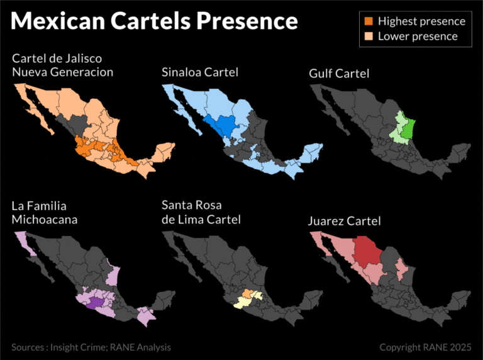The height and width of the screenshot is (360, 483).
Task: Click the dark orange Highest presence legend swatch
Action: coord(368,21)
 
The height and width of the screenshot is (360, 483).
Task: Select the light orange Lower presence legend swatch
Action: coord(368,36)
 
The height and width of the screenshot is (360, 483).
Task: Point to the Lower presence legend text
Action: coord(418,36)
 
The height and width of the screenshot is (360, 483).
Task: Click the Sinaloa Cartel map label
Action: coord(199,72)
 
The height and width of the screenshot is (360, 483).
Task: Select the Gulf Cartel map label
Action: coord(339,74)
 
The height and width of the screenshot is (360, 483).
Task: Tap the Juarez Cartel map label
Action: coord(344,221)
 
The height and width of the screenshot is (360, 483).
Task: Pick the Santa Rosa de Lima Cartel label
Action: coord(201,213)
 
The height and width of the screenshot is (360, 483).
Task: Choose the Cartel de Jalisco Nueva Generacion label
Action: coord(62,65)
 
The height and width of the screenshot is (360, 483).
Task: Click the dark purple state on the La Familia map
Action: coord(94,303)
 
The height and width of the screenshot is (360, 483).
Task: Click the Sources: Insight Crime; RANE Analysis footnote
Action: coord(91,347)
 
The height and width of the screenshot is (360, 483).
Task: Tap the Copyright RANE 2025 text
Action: coord(425,347)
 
